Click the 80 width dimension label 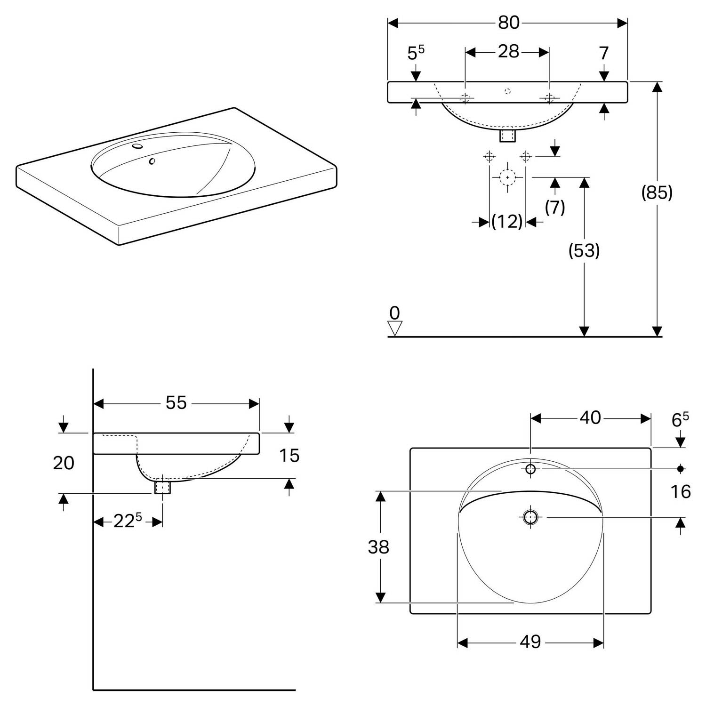[508, 23]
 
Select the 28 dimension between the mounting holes [508, 51]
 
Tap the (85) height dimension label [657, 192]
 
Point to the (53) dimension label [584, 251]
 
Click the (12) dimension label [507, 221]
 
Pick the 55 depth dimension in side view [176, 403]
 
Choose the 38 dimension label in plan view [378, 547]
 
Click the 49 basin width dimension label [530, 642]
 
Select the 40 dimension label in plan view [590, 417]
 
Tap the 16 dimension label [681, 492]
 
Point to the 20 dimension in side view [64, 463]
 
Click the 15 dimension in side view [289, 456]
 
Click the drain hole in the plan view [530, 517]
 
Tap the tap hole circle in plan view [530, 469]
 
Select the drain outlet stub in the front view [507, 135]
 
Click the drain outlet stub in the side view [162, 487]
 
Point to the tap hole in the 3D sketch [137, 146]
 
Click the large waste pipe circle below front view [507, 177]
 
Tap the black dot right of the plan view [680, 469]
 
